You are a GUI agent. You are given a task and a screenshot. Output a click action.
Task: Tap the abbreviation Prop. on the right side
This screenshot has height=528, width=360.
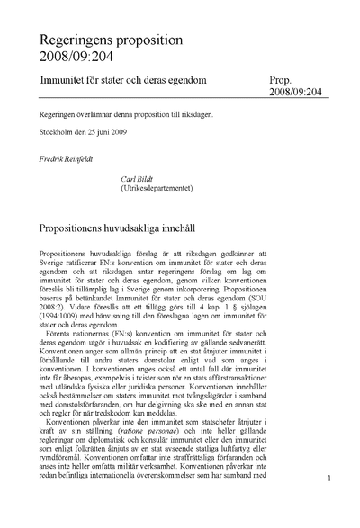(282, 82)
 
